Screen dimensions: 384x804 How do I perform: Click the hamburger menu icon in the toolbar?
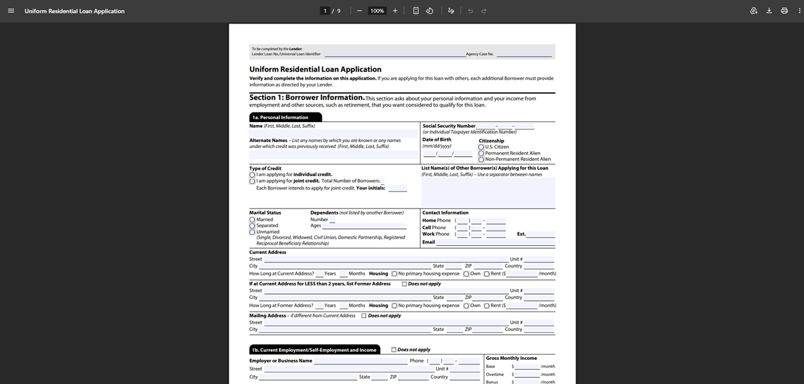click(x=11, y=11)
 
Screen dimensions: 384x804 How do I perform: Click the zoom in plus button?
click(x=395, y=11)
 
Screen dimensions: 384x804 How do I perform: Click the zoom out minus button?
click(x=359, y=11)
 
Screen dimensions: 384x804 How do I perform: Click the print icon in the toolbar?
click(x=784, y=11)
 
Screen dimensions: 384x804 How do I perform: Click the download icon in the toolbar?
click(x=769, y=11)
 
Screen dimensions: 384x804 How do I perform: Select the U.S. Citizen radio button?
click(x=481, y=147)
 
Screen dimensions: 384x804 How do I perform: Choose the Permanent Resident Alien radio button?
click(x=481, y=153)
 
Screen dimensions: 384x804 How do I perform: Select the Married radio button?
click(x=252, y=219)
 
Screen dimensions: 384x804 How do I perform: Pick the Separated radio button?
click(x=252, y=226)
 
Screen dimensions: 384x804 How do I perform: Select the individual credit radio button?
click(x=252, y=174)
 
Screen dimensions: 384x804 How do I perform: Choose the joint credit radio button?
click(x=252, y=181)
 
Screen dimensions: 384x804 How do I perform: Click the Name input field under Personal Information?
click(x=334, y=133)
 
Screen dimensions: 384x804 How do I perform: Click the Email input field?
click(x=500, y=243)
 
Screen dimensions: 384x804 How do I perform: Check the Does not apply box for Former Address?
click(x=404, y=283)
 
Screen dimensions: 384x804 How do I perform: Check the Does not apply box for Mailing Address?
click(x=364, y=316)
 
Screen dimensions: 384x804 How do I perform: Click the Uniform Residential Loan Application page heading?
click(x=315, y=69)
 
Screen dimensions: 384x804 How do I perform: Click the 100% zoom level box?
click(x=377, y=11)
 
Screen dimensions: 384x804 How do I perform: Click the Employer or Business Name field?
click(x=360, y=361)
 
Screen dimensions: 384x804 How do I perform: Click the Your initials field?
click(x=397, y=188)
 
